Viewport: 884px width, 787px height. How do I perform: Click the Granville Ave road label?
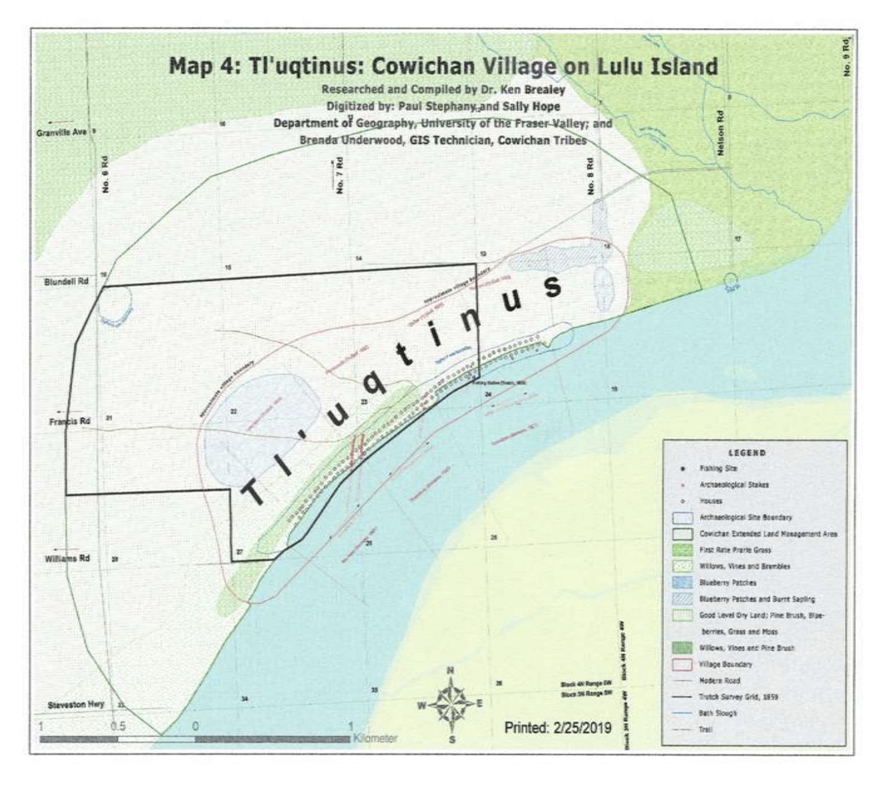(x=66, y=132)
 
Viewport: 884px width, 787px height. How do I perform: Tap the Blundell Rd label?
(x=66, y=281)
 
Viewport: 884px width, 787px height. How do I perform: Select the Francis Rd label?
(x=70, y=422)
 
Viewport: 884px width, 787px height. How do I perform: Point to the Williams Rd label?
(x=67, y=559)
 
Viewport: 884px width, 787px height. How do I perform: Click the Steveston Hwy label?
(x=76, y=705)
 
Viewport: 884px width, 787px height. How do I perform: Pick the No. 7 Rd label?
(x=341, y=175)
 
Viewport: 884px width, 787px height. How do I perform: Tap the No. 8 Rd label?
(x=591, y=176)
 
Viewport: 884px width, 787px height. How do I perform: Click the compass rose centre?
(x=450, y=704)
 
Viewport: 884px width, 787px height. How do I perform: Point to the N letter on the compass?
(x=450, y=670)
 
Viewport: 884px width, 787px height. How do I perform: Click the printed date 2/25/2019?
(x=557, y=728)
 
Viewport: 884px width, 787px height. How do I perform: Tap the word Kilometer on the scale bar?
(x=375, y=739)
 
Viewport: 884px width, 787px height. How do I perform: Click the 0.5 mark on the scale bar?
(x=117, y=726)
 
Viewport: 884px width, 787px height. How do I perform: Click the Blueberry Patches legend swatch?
(x=683, y=582)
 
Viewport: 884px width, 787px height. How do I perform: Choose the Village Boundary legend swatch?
(x=683, y=664)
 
